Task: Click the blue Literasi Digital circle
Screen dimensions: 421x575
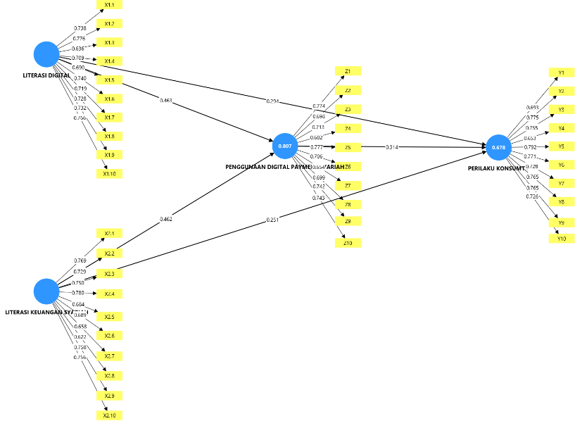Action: pos(46,54)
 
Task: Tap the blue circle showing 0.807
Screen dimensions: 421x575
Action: pos(285,146)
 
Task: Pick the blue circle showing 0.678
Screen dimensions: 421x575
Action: pos(498,147)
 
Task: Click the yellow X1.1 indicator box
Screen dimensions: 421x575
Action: pos(109,5)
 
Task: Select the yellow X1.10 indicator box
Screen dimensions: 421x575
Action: pos(109,173)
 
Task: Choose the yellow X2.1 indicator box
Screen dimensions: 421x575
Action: pos(109,233)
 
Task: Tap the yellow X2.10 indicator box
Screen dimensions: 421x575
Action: pos(109,415)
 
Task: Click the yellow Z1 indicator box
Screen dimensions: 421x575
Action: pos(348,72)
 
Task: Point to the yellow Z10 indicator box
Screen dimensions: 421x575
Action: pos(348,243)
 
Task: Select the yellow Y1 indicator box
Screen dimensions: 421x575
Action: pos(561,73)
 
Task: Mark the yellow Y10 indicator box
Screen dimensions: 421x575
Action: pos(561,239)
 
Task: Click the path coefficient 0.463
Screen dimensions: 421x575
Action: pos(166,101)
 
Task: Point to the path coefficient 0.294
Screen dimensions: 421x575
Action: pos(272,101)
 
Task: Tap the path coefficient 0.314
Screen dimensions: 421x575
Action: pos(392,147)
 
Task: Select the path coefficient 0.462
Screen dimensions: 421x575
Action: pos(166,219)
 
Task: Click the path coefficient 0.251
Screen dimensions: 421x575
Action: pos(272,220)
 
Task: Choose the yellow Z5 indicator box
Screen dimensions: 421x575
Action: pos(348,147)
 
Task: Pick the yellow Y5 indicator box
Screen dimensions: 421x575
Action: pos(561,146)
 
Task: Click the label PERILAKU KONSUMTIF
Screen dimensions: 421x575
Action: pos(495,169)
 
